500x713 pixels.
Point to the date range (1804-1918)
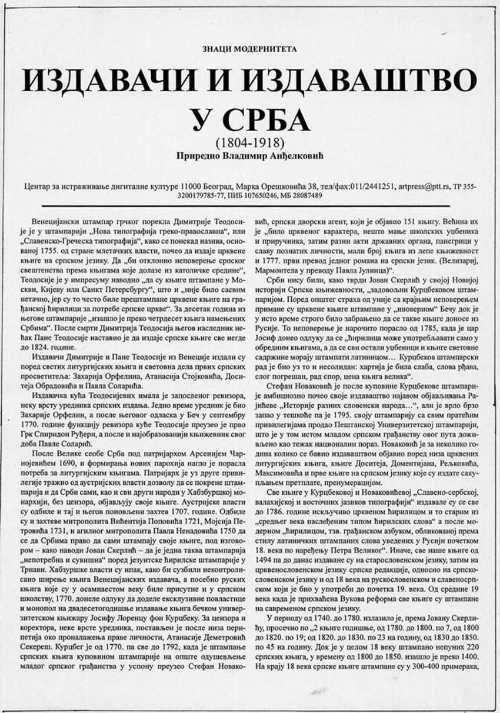pyautogui.click(x=249, y=142)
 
